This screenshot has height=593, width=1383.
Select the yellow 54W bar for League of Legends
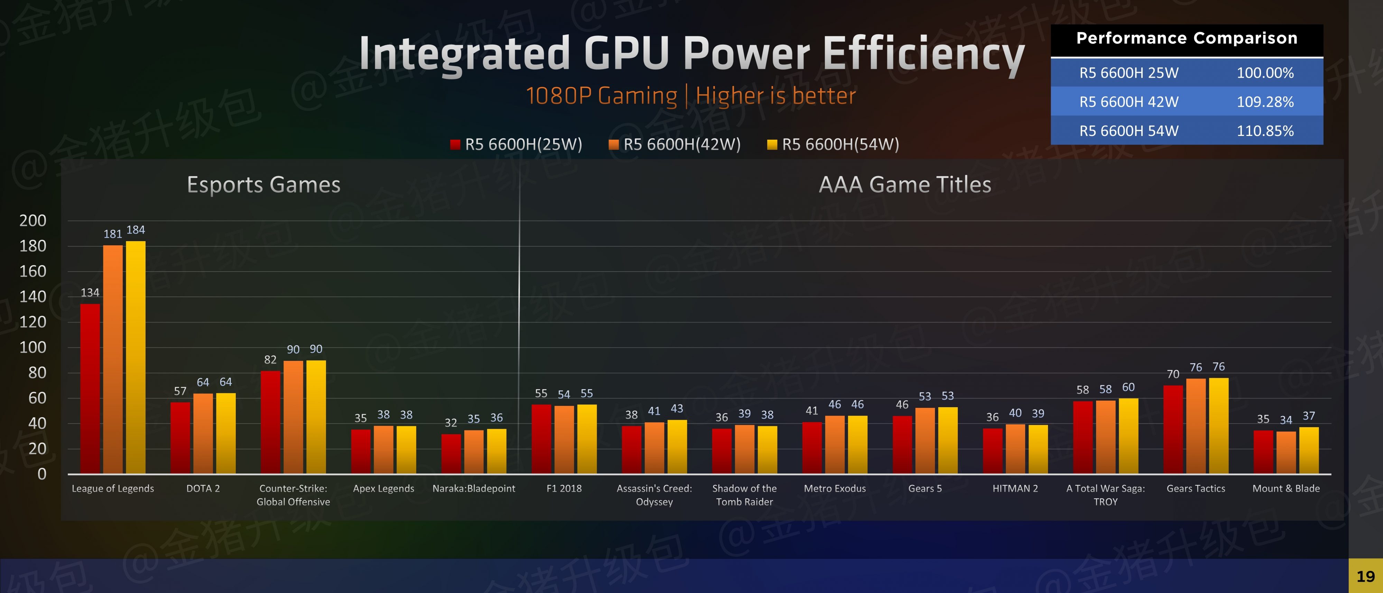pos(135,357)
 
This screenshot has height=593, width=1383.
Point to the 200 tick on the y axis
pos(33,220)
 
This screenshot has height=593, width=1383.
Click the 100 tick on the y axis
pos(33,347)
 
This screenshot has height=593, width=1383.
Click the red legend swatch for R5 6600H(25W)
pos(455,144)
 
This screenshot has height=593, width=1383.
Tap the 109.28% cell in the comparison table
pos(1265,101)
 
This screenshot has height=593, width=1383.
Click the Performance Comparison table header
pos(1187,38)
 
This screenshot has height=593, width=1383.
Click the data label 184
pos(135,230)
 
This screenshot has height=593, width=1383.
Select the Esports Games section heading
pos(263,184)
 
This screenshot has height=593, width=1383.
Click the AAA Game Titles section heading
pos(904,184)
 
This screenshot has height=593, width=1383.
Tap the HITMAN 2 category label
pos(1015,488)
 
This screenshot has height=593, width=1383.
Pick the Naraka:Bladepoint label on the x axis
pos(474,488)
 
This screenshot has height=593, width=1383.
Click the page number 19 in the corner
pos(1365,576)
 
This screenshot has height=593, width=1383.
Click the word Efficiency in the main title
pos(923,54)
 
